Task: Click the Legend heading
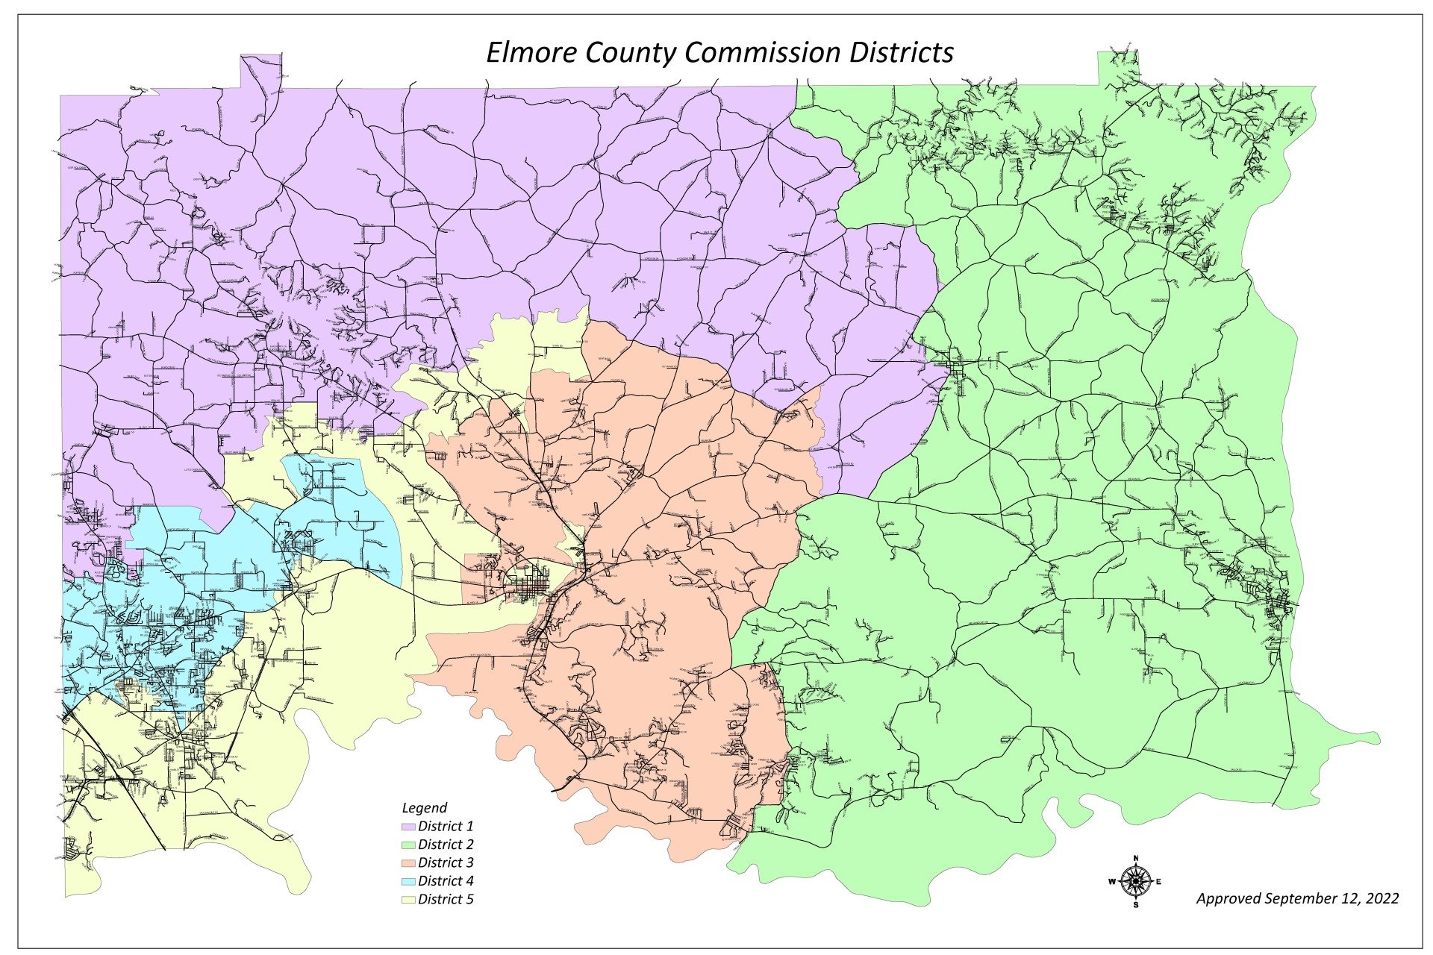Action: point(424,807)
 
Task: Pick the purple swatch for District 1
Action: point(408,827)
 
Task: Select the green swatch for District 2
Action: point(408,845)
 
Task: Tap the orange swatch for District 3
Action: point(408,863)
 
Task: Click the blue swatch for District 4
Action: point(408,881)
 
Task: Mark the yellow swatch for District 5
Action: point(408,900)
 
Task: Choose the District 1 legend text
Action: point(446,826)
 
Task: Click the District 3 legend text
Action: point(446,862)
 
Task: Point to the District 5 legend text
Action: point(446,899)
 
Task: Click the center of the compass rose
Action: point(1135,881)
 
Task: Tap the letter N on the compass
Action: point(1135,859)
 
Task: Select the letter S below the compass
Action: point(1135,905)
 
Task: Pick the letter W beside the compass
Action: point(1112,882)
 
